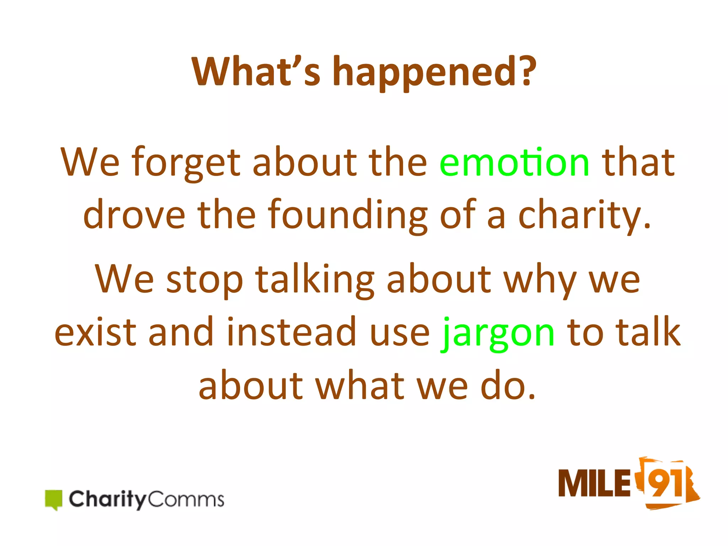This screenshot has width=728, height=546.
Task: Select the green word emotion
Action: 514,162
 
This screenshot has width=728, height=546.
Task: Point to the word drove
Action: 134,215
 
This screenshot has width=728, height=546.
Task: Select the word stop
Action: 204,281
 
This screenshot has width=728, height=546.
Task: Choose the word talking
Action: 315,281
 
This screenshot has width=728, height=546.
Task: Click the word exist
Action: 95,332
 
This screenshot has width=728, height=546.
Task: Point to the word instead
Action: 291,332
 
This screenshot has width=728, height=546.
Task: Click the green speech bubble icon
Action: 54,499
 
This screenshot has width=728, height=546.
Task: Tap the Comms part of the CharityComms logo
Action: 186,499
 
